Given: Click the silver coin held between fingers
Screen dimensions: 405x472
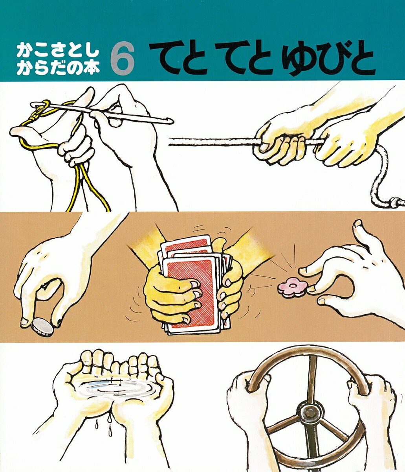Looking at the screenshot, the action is point(42,327).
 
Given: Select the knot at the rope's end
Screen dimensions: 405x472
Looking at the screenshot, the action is point(397,202).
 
